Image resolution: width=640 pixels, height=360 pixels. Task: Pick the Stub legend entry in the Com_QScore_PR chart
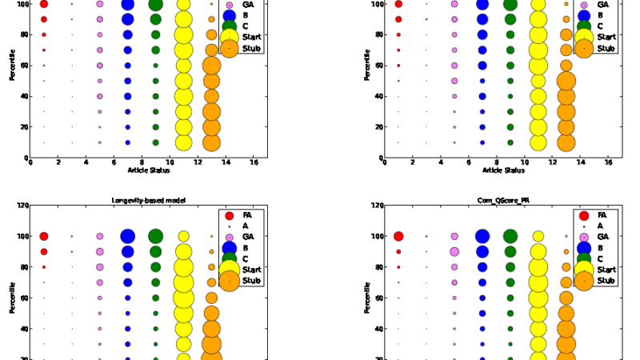point(606,280)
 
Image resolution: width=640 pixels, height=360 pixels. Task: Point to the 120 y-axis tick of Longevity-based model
point(22,206)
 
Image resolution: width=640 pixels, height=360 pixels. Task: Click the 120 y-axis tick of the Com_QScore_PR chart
point(376,206)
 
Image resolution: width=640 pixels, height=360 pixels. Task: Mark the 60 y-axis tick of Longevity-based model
point(23,298)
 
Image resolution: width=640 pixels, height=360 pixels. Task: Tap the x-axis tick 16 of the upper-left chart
point(254,162)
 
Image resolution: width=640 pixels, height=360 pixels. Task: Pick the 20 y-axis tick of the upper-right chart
point(378,127)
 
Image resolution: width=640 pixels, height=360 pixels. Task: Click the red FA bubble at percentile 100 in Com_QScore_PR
point(398,236)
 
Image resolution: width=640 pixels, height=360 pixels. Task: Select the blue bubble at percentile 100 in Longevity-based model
point(127,236)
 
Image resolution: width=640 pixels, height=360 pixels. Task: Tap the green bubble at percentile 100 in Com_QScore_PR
point(510,236)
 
